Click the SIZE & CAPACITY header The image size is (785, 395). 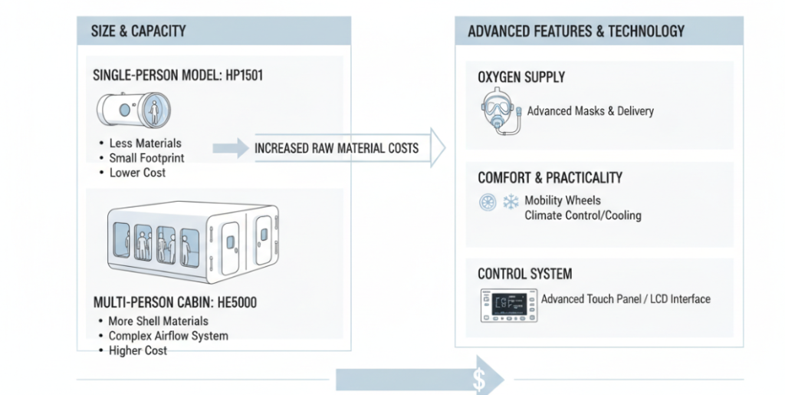[x=139, y=31]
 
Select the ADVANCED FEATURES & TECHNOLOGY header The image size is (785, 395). [x=576, y=31]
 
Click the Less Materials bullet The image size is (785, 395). [x=145, y=143]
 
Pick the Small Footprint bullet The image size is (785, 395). [x=146, y=158]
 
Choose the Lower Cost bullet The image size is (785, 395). [x=137, y=173]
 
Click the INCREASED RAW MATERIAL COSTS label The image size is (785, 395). [x=337, y=148]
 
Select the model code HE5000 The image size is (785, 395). [x=232, y=303]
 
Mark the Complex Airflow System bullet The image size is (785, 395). [x=168, y=336]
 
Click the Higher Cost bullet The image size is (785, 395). [x=137, y=351]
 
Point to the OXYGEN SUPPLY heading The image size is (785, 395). [x=521, y=77]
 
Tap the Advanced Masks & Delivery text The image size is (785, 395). [x=590, y=111]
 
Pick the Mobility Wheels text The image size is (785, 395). [x=563, y=201]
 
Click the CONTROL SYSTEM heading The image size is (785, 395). [x=524, y=274]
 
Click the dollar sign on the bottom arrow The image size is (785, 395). [x=480, y=378]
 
